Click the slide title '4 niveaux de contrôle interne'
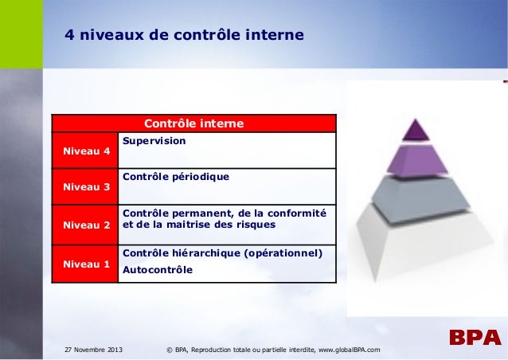coord(184,36)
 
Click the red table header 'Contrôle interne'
coord(193,124)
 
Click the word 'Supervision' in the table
coord(154,140)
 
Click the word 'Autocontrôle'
coord(157,270)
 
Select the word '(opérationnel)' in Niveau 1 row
coord(283,253)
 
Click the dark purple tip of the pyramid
coord(415,129)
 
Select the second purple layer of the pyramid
coord(415,160)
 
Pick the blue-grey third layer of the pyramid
coord(415,194)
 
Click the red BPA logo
coord(474,338)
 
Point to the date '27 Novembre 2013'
coord(92,350)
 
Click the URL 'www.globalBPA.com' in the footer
coord(349,350)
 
